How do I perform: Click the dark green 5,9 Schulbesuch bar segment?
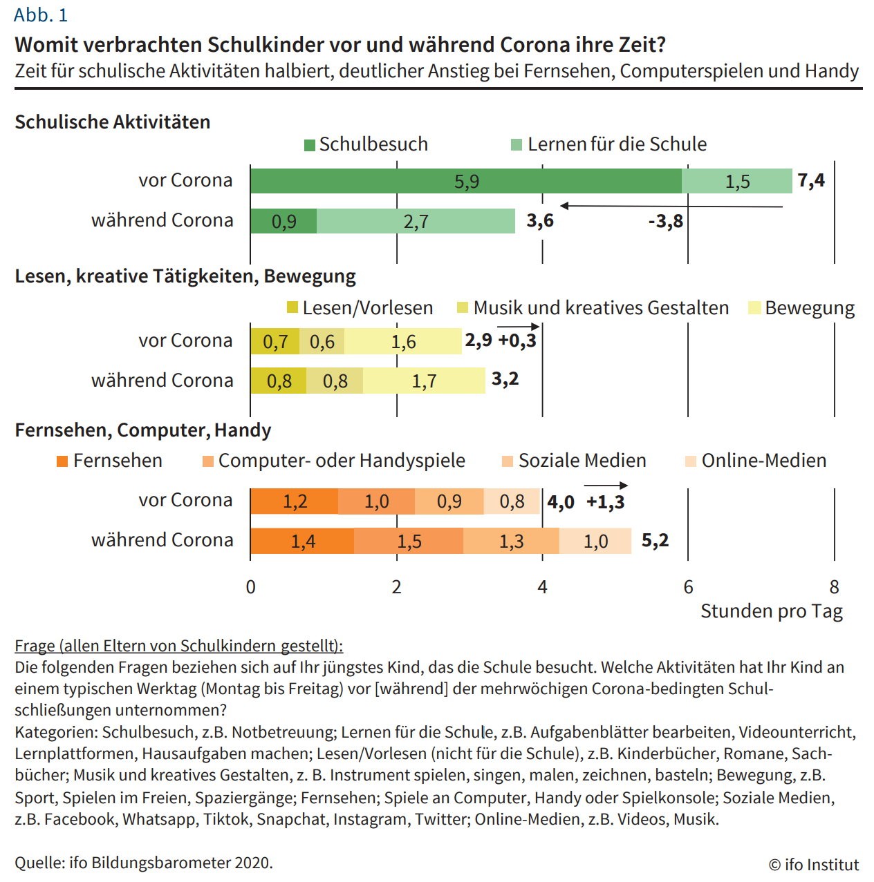(x=465, y=181)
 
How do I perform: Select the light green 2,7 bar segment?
(x=416, y=221)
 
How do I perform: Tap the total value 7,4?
(x=810, y=181)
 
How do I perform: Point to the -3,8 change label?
(x=665, y=221)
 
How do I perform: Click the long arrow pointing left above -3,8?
(x=671, y=206)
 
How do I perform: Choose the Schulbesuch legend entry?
(x=366, y=144)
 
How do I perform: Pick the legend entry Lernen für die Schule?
(x=609, y=144)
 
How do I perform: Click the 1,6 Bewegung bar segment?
(x=403, y=342)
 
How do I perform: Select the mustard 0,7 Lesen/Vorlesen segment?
(x=275, y=342)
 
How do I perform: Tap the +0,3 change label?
(x=517, y=341)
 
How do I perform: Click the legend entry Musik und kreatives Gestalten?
(x=593, y=308)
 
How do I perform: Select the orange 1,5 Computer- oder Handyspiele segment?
(x=409, y=541)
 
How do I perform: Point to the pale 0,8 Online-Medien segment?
(x=512, y=501)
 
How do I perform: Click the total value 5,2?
(x=655, y=540)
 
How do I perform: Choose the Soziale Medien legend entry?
(x=575, y=461)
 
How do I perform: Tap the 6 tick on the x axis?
(x=688, y=587)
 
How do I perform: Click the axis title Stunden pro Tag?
(x=771, y=611)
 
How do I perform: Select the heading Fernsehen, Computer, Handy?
(x=143, y=430)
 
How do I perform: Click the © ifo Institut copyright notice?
(x=813, y=865)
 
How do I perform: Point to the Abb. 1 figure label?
(x=41, y=15)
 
